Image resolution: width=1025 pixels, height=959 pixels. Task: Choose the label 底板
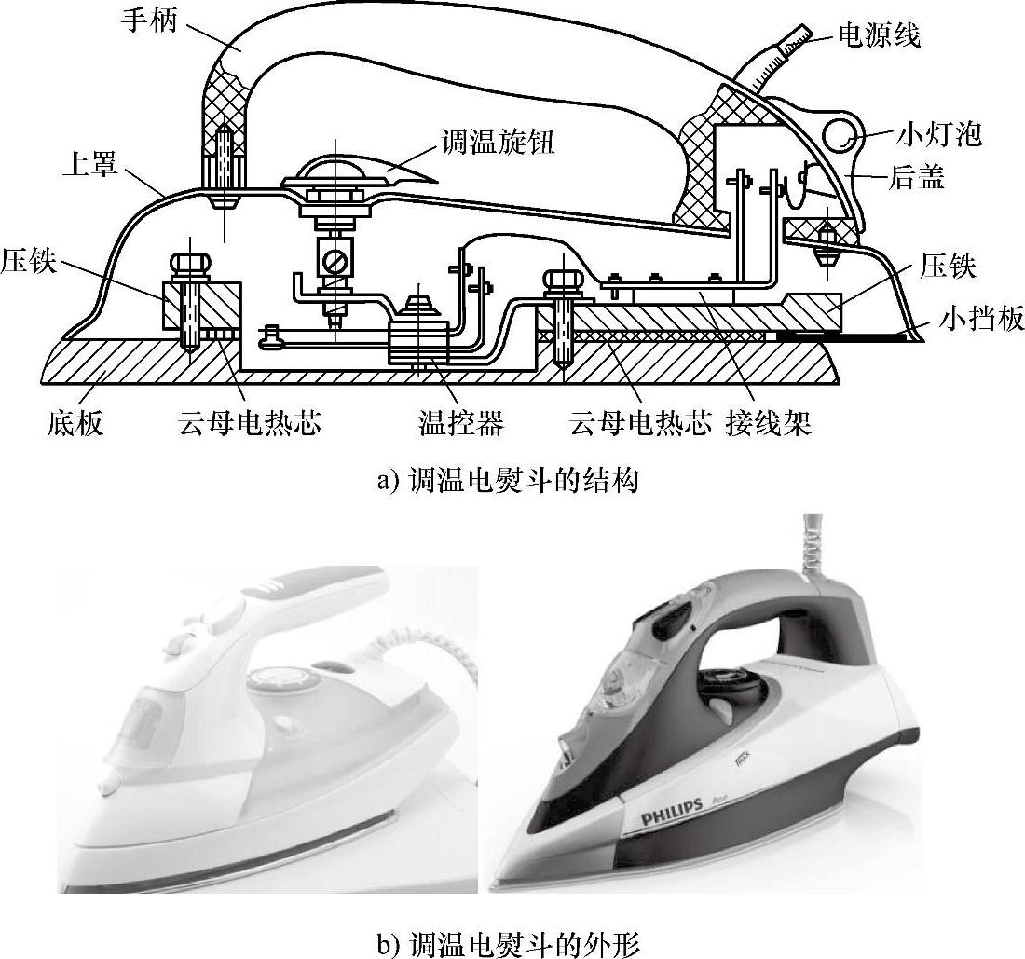click(x=75, y=425)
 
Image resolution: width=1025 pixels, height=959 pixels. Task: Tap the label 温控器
click(x=460, y=425)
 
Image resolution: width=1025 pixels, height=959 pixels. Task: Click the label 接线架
click(x=768, y=425)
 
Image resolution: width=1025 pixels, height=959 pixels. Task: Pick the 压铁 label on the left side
click(x=28, y=260)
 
